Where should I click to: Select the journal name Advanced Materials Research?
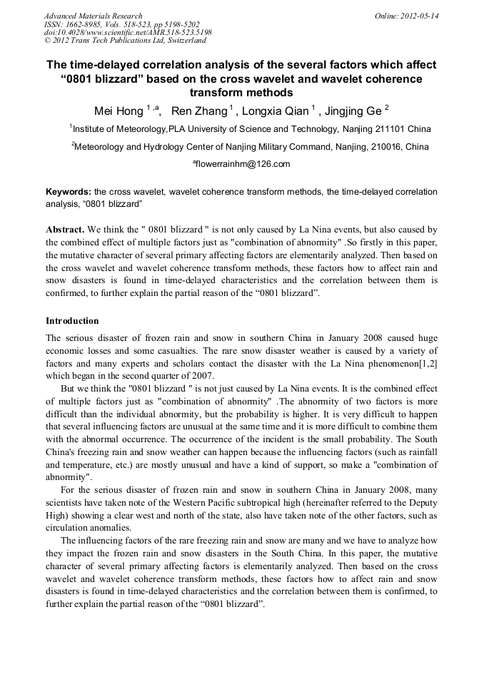click(x=93, y=16)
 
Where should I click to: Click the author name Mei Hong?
click(x=119, y=111)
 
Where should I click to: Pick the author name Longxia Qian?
click(x=275, y=111)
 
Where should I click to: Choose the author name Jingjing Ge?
click(x=352, y=111)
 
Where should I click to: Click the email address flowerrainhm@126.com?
click(x=243, y=165)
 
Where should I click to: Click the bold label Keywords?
click(x=68, y=193)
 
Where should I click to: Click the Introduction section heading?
click(x=72, y=321)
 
